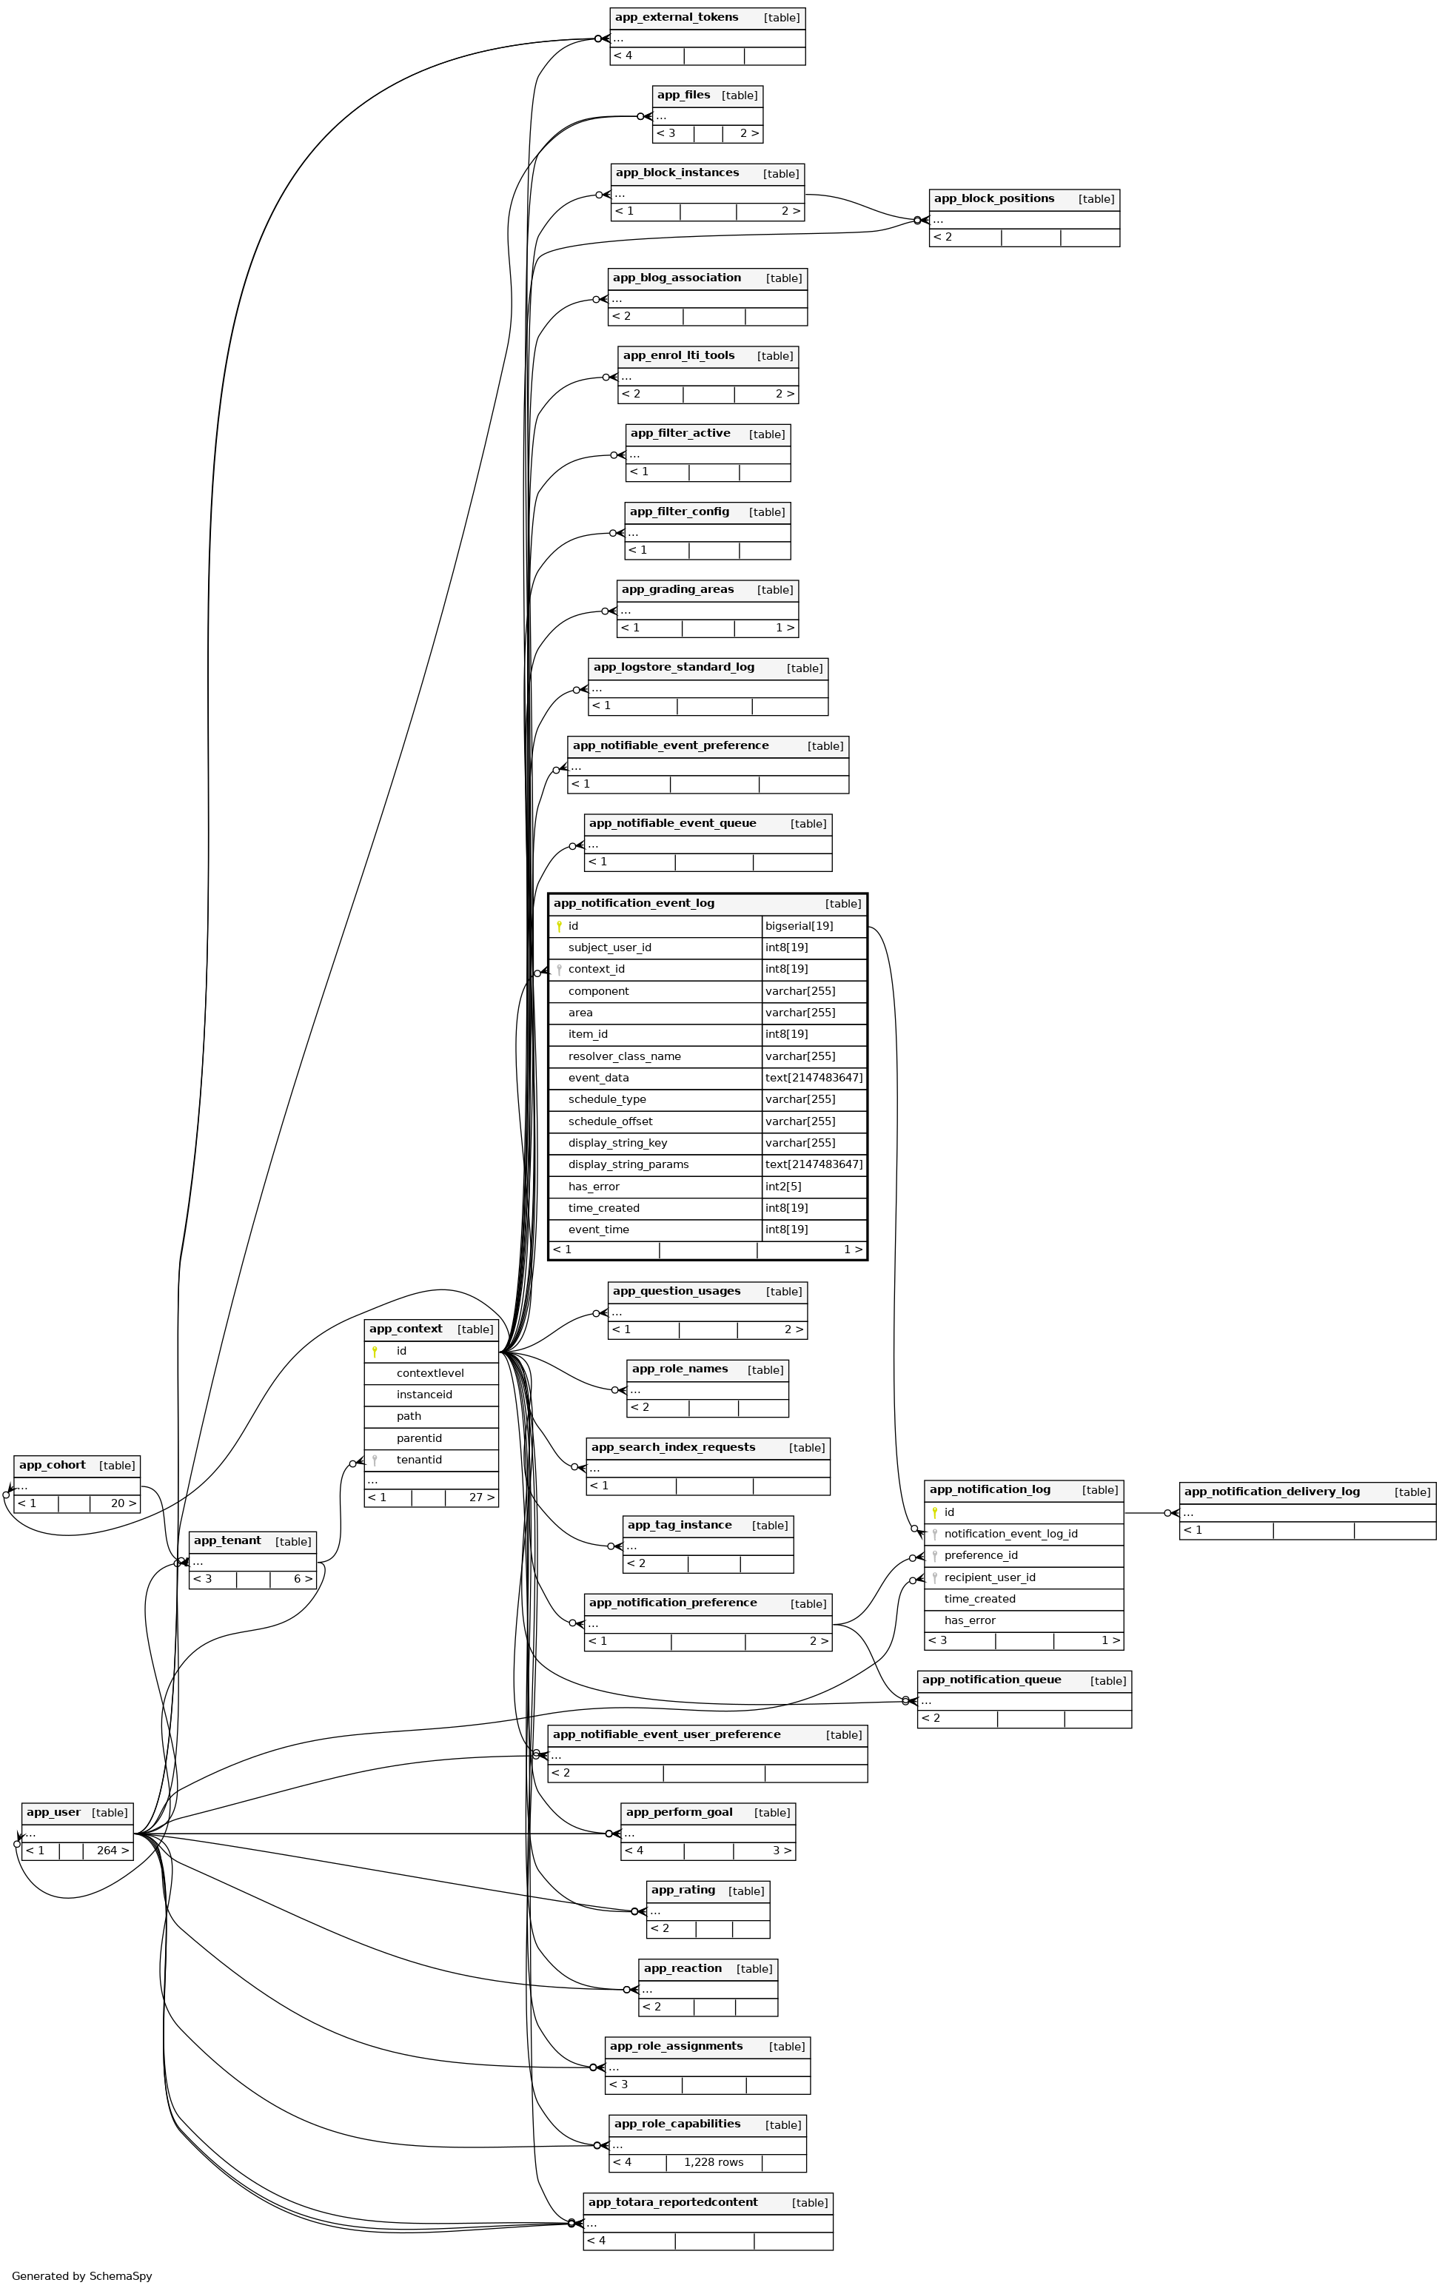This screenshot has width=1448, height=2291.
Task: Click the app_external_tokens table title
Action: [677, 17]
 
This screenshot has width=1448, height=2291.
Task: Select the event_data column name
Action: [598, 1078]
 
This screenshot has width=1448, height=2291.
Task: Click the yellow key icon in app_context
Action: [375, 1351]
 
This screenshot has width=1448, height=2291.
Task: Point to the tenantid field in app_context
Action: [418, 1460]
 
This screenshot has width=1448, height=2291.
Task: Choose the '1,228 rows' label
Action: [714, 2162]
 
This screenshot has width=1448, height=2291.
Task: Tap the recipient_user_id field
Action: [990, 1577]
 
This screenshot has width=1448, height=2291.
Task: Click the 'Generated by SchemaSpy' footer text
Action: [82, 2275]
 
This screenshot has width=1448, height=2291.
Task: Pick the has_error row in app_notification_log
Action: [970, 1620]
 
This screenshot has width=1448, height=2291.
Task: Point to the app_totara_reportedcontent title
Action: [673, 2201]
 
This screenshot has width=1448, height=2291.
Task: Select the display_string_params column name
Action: [628, 1164]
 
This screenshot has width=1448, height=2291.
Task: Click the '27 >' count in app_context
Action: [481, 1497]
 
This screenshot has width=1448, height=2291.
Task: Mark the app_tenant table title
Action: [227, 1540]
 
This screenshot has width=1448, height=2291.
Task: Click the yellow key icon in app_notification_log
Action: [935, 1513]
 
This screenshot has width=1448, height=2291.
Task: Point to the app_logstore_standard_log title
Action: [674, 667]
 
